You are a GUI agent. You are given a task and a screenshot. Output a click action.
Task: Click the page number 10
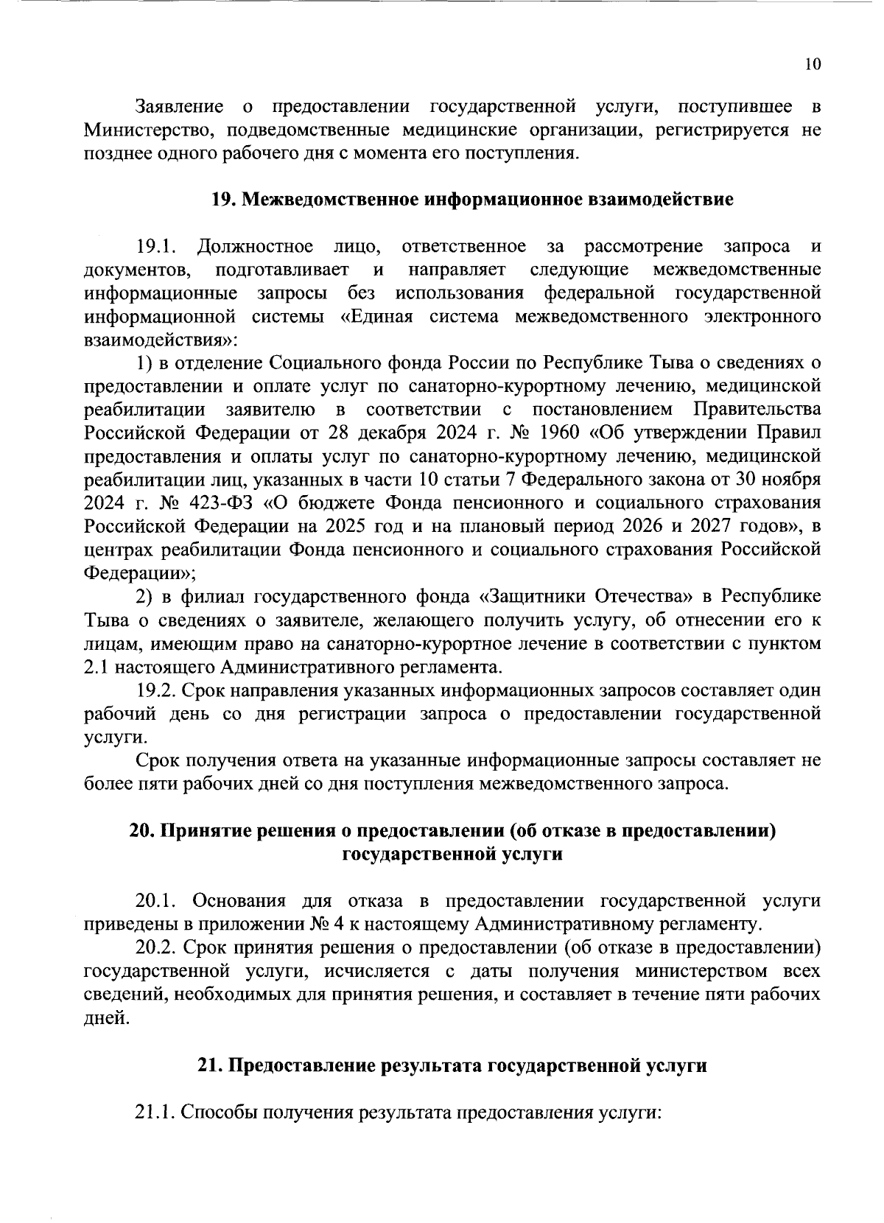[812, 65]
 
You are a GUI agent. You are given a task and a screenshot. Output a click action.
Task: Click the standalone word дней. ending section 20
[105, 1019]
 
